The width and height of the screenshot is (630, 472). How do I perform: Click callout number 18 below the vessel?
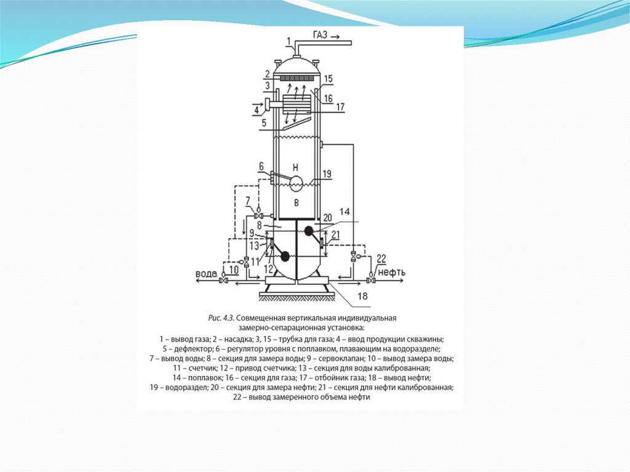(363, 296)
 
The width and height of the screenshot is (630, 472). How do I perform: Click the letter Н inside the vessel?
(295, 167)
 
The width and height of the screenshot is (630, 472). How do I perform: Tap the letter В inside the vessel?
(295, 202)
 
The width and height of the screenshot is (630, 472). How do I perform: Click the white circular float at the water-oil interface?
(297, 183)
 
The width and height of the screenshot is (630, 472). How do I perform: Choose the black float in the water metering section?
(284, 255)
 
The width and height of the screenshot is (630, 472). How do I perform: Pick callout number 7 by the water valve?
(247, 201)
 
